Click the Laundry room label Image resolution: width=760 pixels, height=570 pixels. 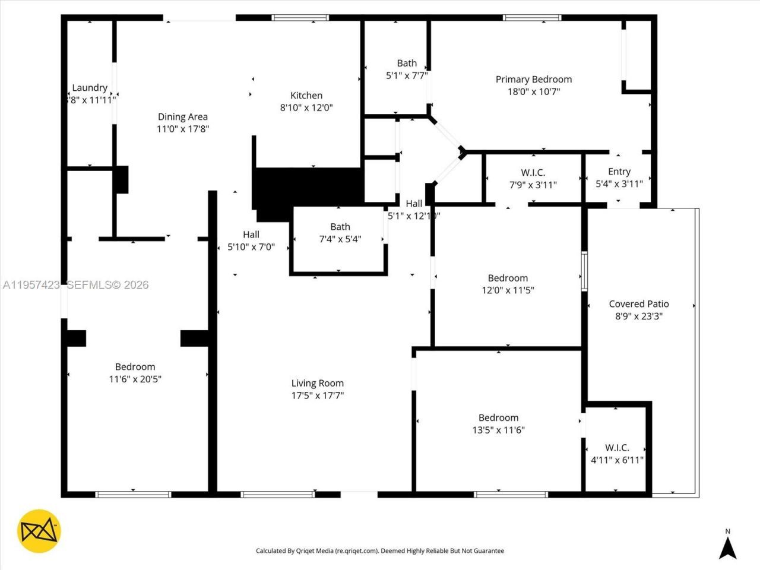pos(90,88)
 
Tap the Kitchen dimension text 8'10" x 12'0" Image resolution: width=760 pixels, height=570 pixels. pos(306,108)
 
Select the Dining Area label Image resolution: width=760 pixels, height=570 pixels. pos(182,117)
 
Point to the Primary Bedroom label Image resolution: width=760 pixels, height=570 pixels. pos(534,80)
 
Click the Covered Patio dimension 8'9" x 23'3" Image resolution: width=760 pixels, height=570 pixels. pos(638,316)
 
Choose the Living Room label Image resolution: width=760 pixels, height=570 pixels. pos(317,384)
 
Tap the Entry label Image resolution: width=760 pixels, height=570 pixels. pos(619,172)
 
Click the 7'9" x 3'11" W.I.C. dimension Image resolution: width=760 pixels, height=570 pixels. pos(533,185)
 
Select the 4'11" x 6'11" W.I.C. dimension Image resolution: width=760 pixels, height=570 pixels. pos(617,460)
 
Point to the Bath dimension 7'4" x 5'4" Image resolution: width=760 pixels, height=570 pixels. pos(340,239)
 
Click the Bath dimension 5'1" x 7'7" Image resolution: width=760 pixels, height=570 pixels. pos(407,75)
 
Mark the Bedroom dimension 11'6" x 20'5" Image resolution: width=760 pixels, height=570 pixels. pos(135,379)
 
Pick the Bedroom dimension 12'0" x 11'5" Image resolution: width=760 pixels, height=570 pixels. pos(508,290)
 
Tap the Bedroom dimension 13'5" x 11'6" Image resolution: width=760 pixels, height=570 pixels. pos(498,430)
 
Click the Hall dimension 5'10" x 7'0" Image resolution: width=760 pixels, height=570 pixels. pos(251,247)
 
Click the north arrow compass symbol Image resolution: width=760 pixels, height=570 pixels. pos(727,544)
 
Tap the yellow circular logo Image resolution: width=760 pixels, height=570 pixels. pos(39,530)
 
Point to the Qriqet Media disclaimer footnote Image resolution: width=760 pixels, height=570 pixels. pos(379,551)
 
